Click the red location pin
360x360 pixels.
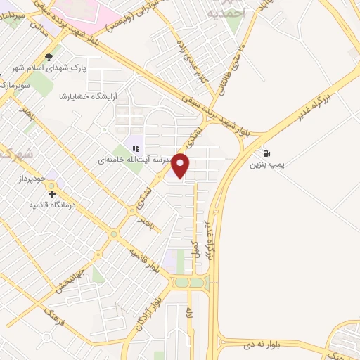181,165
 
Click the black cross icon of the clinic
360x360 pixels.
52,193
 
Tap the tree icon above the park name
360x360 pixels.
48,58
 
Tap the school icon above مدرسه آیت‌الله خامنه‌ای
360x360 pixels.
136,148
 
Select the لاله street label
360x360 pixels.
189,319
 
